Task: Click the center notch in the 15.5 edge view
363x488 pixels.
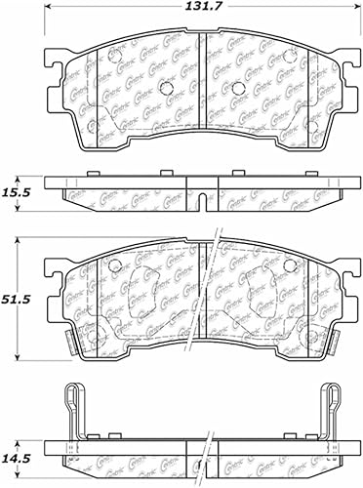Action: (199, 202)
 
